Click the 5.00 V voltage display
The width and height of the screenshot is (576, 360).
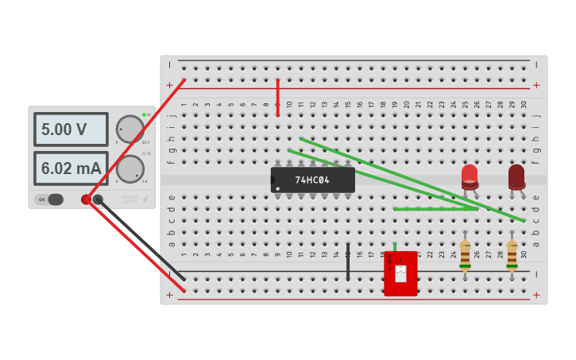(70, 130)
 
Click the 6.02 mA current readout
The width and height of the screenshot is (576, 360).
(70, 168)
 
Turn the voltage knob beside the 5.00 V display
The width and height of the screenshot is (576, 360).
(130, 129)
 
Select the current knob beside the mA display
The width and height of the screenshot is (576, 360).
(130, 168)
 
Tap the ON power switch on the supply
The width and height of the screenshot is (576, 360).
(49, 199)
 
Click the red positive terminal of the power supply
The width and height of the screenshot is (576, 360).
(86, 199)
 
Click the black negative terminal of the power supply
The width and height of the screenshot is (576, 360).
(98, 199)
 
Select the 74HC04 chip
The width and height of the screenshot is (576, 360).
(312, 180)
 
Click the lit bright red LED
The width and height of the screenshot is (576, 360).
(470, 176)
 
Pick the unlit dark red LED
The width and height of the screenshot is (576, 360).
(516, 176)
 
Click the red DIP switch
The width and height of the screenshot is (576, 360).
(400, 274)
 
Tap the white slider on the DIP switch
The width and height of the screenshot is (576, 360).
(400, 273)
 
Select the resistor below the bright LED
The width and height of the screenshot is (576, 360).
(465, 255)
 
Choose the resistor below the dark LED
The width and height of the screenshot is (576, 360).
(512, 255)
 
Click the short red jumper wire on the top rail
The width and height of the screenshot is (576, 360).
(277, 97)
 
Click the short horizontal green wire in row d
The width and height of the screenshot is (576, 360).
(435, 209)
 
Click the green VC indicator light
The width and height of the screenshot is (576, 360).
(144, 115)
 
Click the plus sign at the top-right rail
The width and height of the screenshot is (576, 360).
(536, 85)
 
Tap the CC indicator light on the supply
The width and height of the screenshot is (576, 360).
(144, 153)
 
